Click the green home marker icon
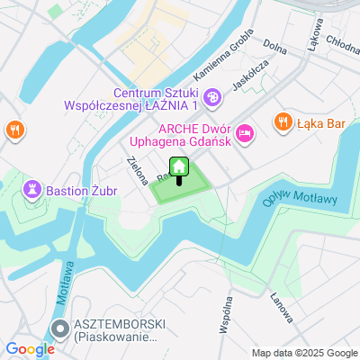point(178,167)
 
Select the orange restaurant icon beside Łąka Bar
point(282,121)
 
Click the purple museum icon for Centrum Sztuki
point(212,96)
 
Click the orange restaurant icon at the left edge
point(14,130)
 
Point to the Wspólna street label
point(224,318)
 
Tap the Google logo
point(30,349)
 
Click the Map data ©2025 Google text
point(304,352)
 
